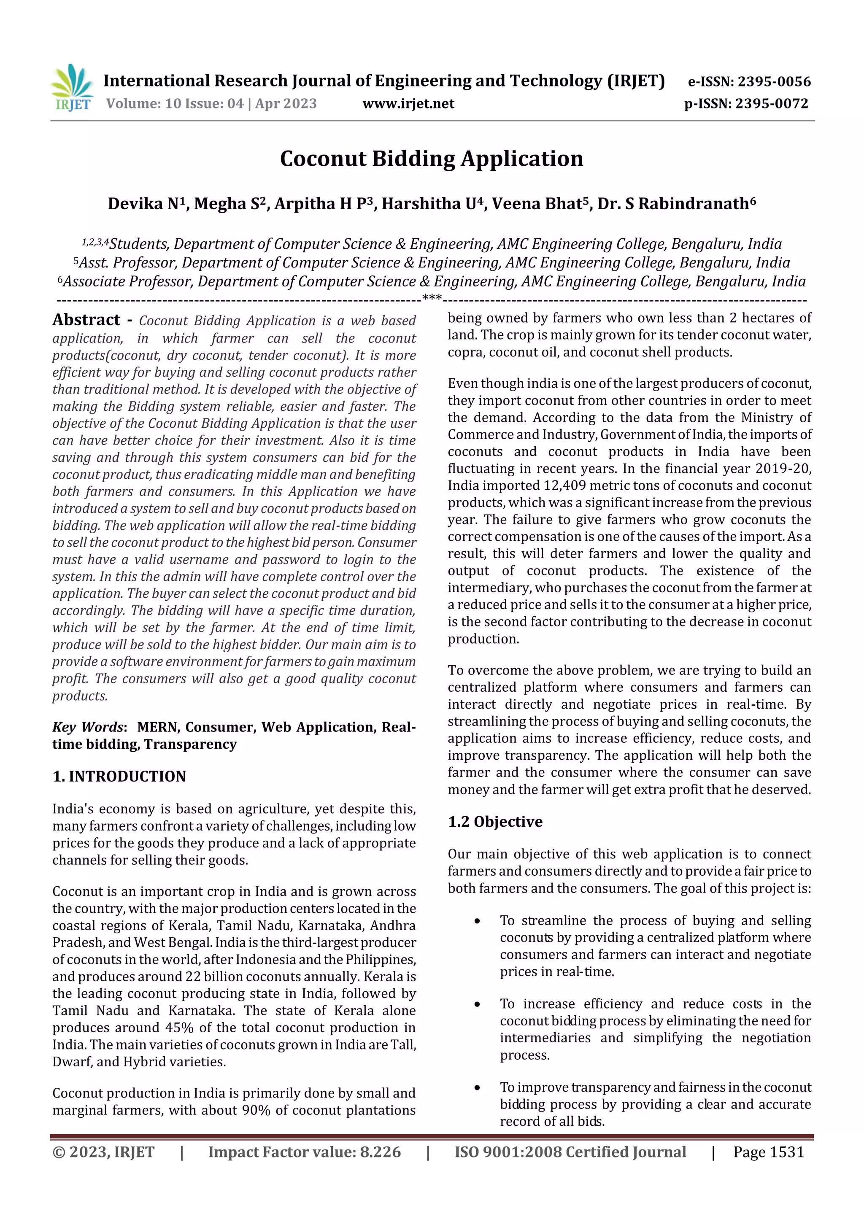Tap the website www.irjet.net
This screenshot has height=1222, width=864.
coord(408,104)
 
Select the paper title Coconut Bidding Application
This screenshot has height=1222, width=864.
coord(431,159)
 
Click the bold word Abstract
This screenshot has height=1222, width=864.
coord(86,320)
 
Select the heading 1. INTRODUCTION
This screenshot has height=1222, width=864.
coord(119,777)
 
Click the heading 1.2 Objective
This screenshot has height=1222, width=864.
coord(495,822)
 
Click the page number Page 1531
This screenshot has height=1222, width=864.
coord(768,1152)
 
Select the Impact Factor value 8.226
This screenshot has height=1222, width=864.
coord(380,1152)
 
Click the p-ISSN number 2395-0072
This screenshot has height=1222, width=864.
coord(771,104)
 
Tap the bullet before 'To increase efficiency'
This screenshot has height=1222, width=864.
coord(478,1005)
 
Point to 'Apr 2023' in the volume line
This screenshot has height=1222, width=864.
coord(286,104)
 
